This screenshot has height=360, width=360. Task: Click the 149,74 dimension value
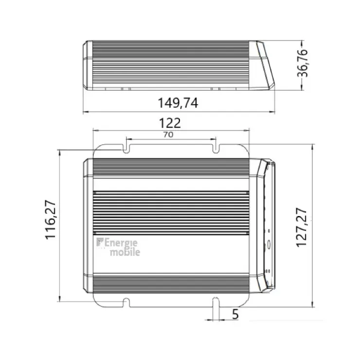(178, 103)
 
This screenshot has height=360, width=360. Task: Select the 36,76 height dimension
(303, 63)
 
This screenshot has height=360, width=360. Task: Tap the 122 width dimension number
(170, 123)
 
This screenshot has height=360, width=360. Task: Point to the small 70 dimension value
(168, 135)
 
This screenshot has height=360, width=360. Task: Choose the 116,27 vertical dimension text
(50, 220)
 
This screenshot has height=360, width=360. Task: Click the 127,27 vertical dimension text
(302, 227)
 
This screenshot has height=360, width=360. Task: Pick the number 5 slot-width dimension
(235, 314)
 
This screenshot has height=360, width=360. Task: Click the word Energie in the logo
(121, 243)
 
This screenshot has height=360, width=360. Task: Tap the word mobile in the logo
(125, 252)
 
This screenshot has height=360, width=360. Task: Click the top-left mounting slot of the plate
(126, 148)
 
